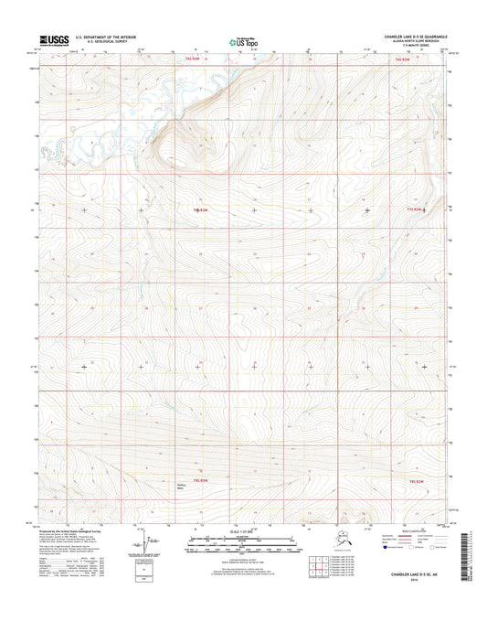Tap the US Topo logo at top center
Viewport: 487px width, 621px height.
pos(243,40)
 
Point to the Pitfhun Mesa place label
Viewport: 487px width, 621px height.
pos(182,487)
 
